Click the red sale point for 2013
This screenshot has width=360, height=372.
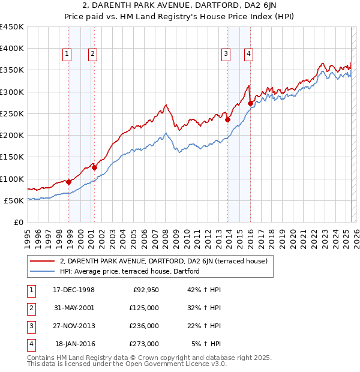pos(228,119)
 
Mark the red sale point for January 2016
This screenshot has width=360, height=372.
pos(251,104)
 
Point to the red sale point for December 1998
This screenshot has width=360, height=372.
pos(69,182)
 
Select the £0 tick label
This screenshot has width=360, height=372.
pos(18,222)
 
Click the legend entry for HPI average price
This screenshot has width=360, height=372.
pos(128,271)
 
